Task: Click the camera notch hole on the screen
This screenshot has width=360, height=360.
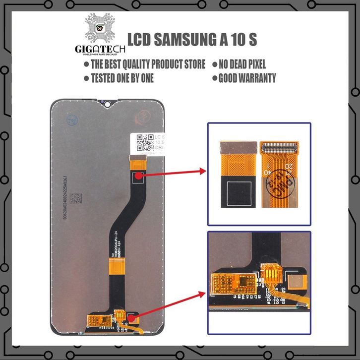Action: coord(107,104)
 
